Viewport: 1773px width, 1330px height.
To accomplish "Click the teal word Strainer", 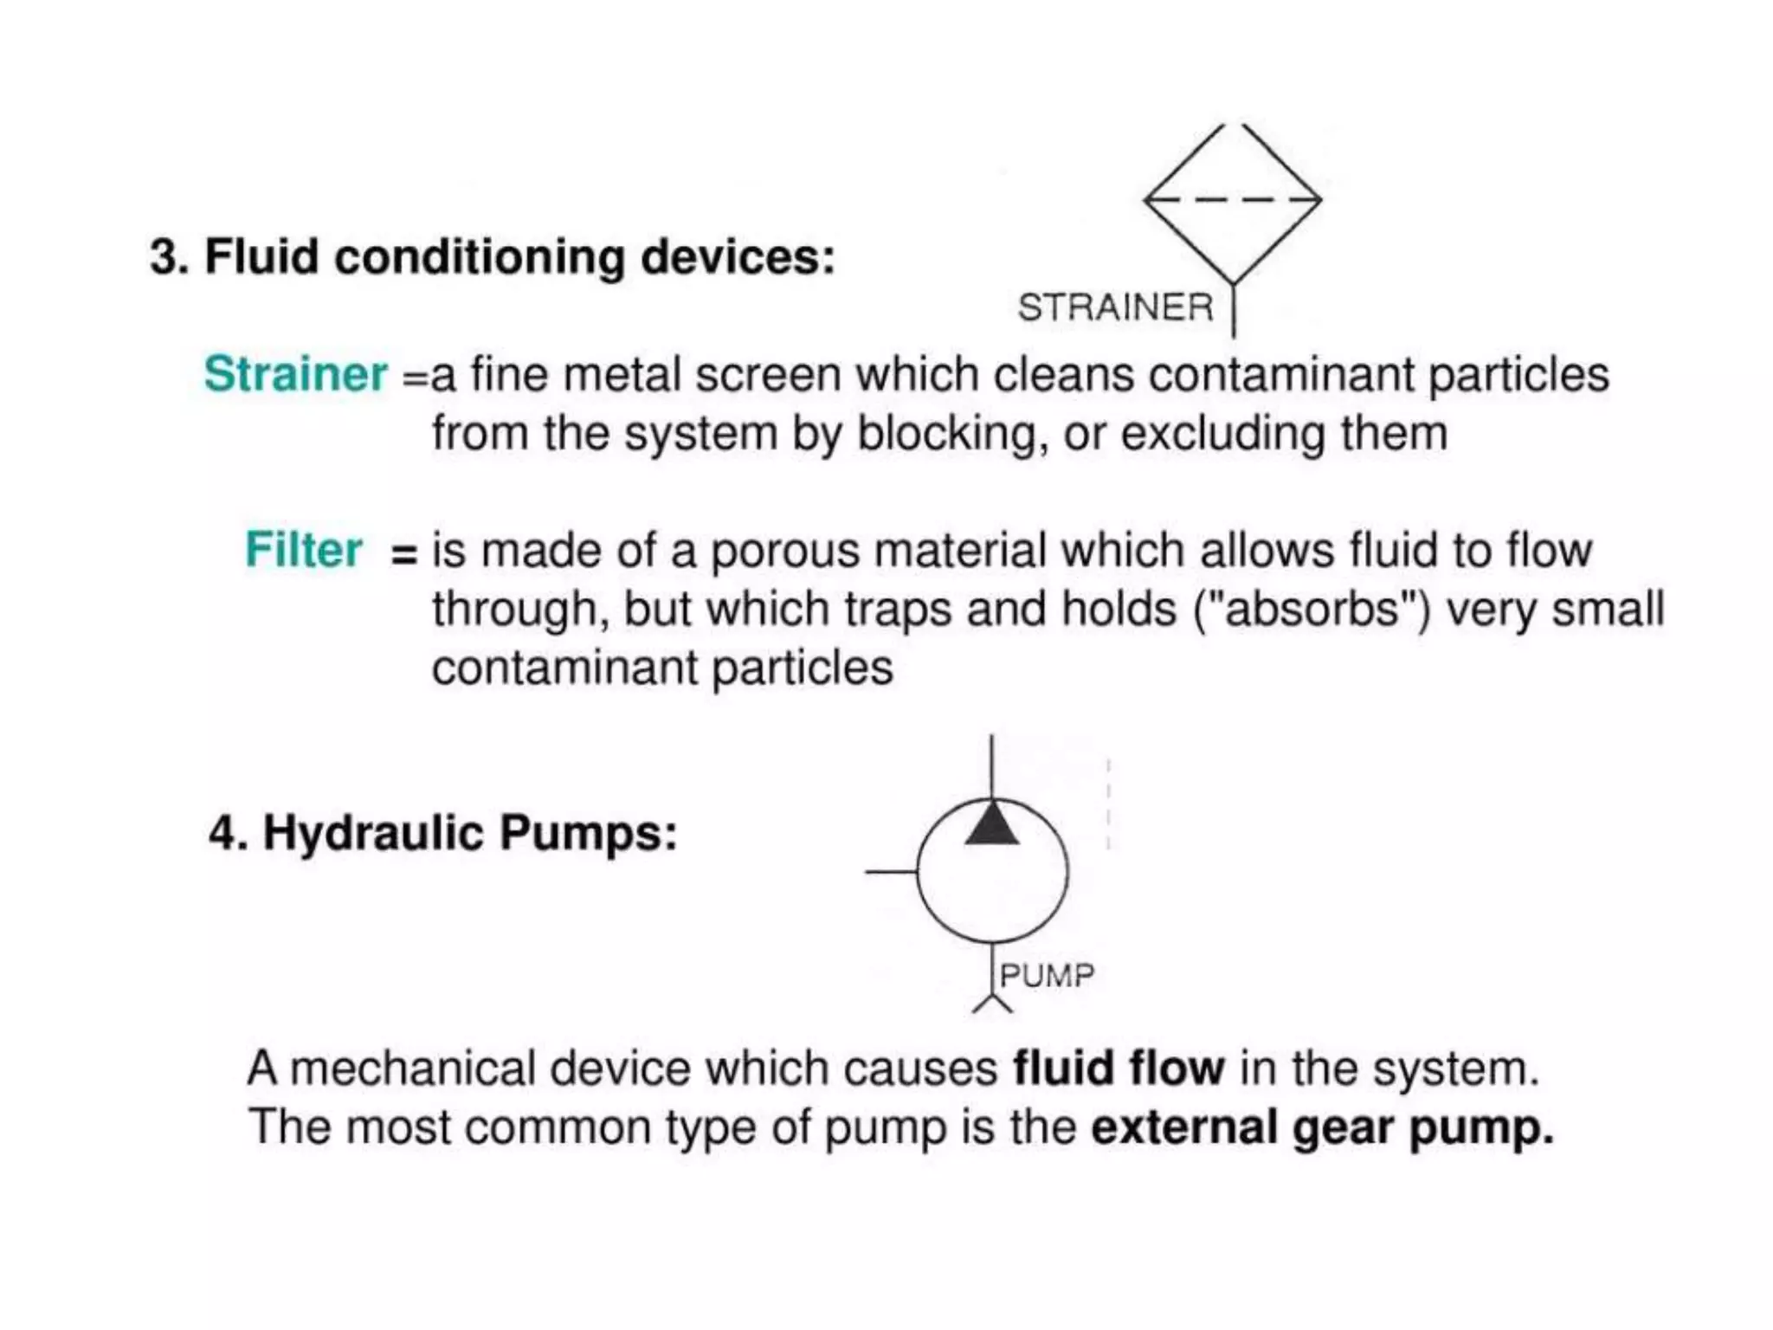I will (295, 374).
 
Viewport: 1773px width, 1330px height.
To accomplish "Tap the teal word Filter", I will (303, 550).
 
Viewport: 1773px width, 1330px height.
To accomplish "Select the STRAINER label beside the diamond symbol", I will (1115, 307).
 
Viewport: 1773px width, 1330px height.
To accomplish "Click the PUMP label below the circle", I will (1047, 976).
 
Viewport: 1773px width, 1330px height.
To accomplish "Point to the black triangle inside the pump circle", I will (991, 825).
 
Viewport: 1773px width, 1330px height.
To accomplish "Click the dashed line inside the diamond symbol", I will (1232, 199).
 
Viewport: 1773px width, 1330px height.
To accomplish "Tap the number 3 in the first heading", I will (164, 257).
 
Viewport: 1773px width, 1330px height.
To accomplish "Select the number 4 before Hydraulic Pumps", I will (222, 833).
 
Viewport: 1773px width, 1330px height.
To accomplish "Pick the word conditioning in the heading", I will (479, 259).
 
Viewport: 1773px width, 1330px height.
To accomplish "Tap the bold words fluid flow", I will (1119, 1068).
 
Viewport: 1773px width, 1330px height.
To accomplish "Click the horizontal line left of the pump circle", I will (891, 872).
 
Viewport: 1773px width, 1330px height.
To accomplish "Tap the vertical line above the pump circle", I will (991, 766).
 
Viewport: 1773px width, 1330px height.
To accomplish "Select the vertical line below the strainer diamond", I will (1234, 310).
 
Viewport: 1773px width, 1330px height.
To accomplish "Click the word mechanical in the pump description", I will (412, 1068).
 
